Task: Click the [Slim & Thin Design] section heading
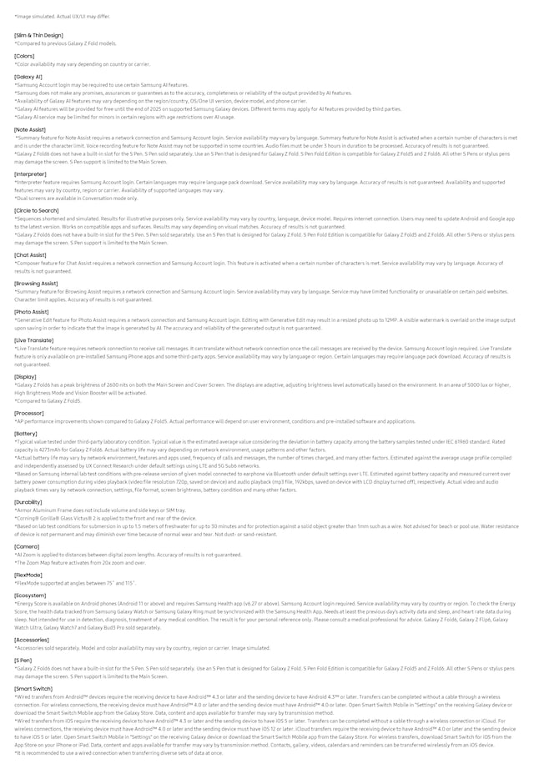38,35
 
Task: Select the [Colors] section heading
24,56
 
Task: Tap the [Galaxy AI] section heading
28,77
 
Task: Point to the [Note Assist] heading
30,129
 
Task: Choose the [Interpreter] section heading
31,173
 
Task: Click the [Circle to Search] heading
37,210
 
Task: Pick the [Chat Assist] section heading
31,254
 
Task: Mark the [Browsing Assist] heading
36,283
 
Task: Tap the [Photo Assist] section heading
32,311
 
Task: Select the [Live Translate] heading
33,339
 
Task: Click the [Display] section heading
25,376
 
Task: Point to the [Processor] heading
29,412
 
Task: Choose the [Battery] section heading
26,434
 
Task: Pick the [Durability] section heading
28,502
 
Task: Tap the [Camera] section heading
27,545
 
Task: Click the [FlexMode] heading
28,575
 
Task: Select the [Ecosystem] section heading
30,595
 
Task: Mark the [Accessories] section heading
32,639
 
